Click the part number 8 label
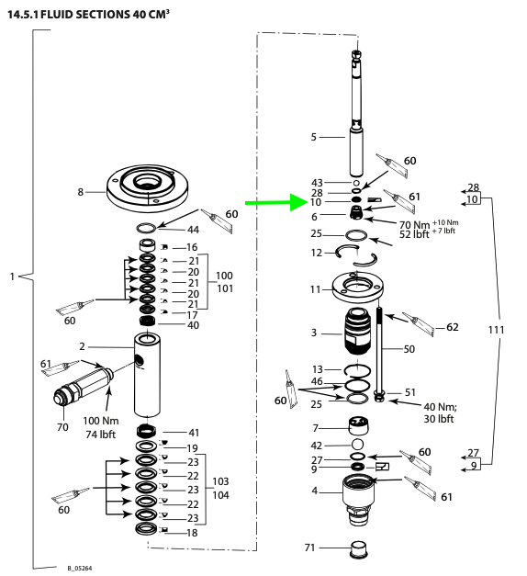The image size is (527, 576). pos(81,192)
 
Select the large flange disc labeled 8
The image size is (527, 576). pos(147,187)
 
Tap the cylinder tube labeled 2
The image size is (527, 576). pos(147,374)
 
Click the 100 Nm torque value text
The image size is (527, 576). pos(101,421)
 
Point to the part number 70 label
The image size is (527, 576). pos(62,427)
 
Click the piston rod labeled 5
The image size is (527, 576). pos(356,112)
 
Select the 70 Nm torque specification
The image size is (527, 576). pos(414,224)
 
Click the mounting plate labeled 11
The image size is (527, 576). pos(358,287)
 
